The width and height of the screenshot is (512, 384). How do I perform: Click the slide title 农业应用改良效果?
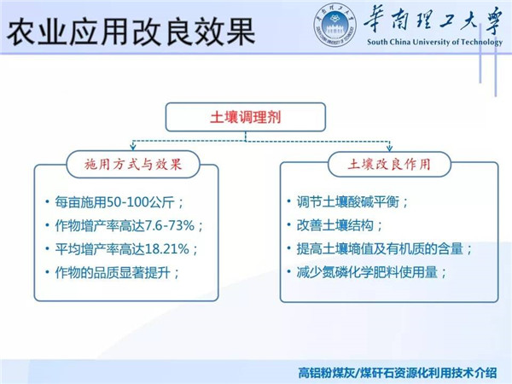131,31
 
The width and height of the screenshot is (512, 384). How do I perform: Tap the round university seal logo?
335,26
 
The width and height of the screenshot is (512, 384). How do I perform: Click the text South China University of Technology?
434,42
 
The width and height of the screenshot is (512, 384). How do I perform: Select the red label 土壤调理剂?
246,117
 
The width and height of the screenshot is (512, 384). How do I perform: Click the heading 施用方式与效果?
133,164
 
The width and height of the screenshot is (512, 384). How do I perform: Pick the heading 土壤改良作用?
389,164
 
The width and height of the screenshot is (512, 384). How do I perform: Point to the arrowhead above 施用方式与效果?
133,147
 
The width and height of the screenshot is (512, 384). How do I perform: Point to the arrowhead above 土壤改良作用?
389,148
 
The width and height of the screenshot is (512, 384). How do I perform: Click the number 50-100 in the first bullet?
127,202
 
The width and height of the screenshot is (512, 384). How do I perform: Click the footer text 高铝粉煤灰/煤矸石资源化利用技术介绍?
398,373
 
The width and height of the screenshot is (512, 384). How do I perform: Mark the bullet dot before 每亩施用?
47,201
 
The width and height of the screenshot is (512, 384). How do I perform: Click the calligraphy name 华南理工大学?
433,20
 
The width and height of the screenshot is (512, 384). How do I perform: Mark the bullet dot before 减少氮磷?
288,271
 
